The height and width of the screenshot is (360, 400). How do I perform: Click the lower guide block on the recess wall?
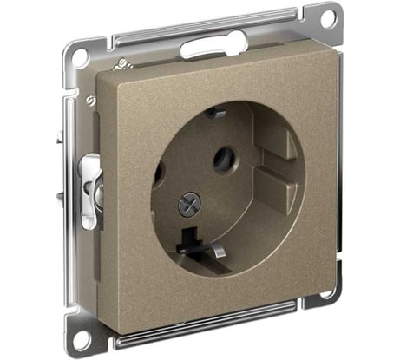coord(276,186)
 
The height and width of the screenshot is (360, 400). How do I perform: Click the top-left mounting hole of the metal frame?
coord(80,58)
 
